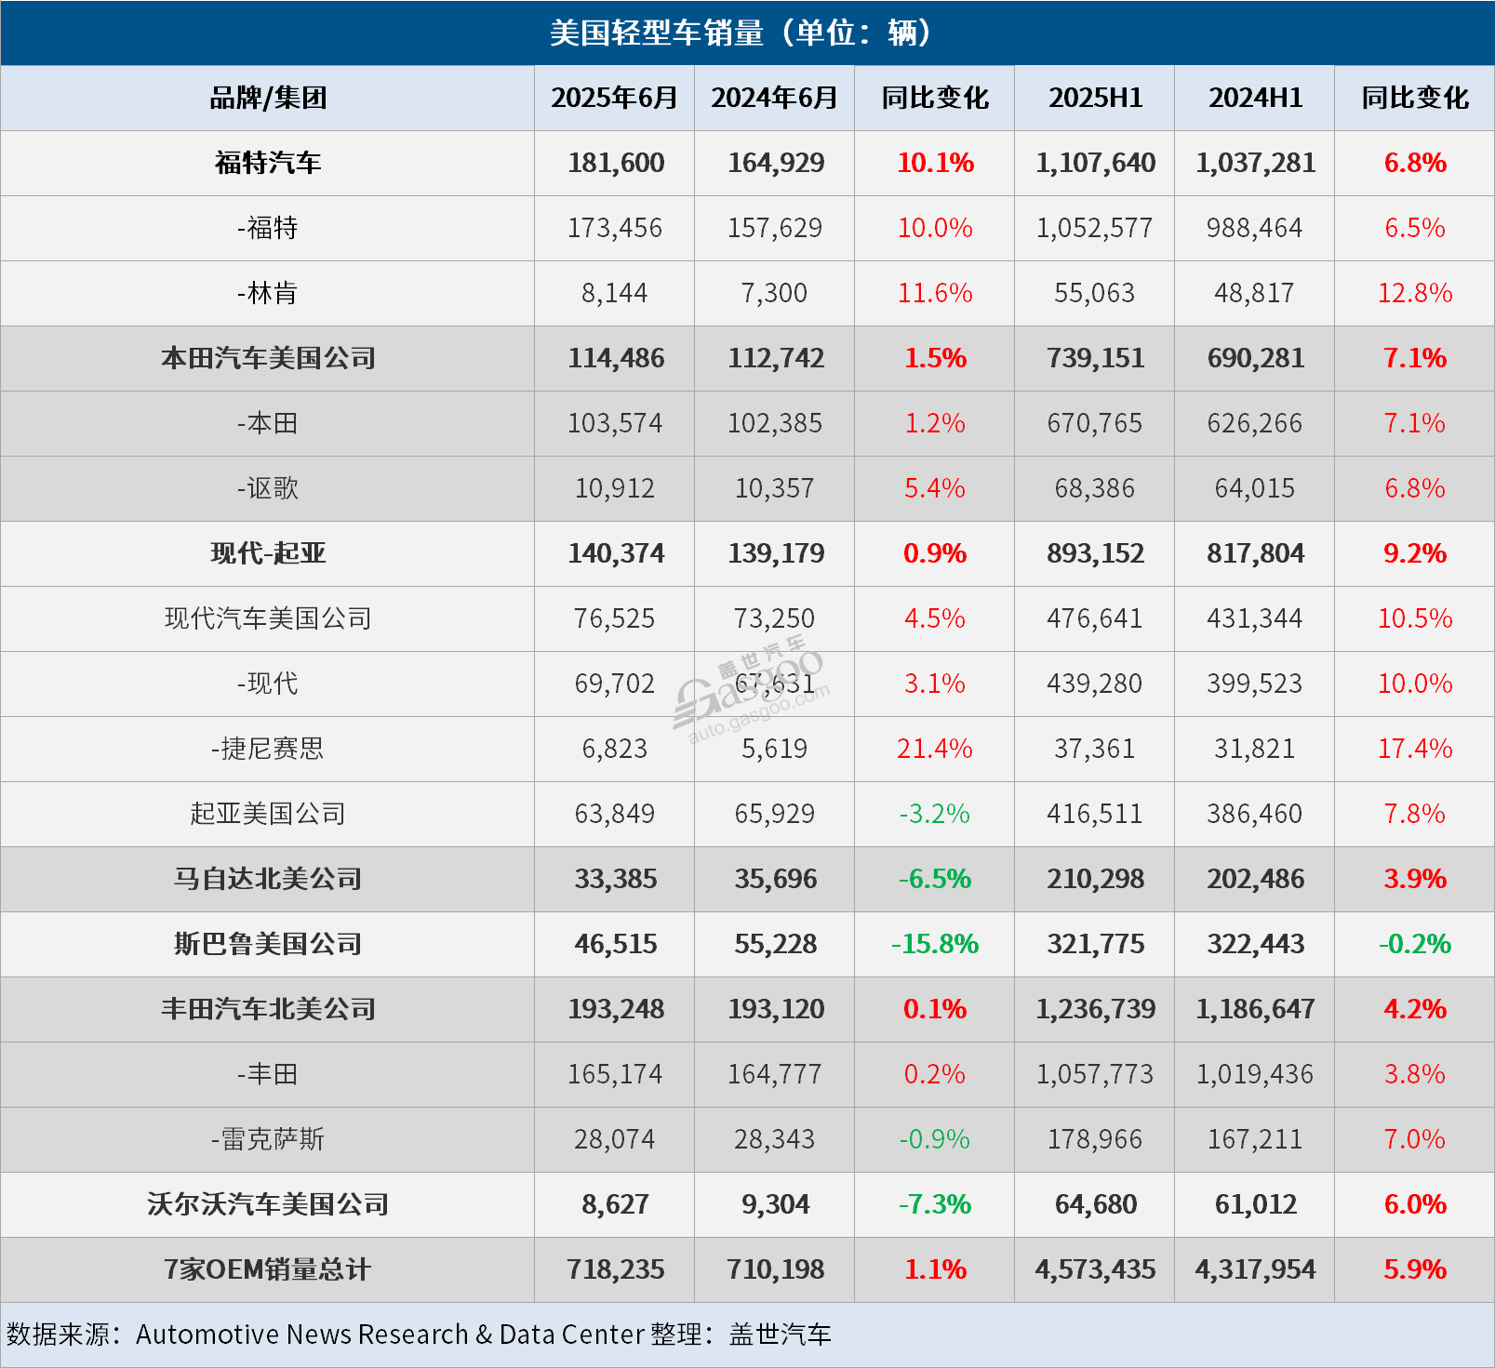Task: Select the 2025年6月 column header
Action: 614,98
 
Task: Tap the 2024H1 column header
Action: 1255,98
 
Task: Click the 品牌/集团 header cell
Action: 268,98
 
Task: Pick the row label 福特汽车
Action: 268,163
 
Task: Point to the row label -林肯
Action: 268,293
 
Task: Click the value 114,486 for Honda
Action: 616,358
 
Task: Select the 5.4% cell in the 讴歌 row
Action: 934,488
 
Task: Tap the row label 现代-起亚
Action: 268,553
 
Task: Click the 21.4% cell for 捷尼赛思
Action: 934,749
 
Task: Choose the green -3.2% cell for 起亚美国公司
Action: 934,814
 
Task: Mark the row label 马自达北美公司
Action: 268,879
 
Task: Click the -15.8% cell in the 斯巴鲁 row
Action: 934,944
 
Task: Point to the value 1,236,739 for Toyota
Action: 1095,1009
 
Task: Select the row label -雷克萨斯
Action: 268,1139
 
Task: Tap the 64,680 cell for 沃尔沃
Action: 1095,1204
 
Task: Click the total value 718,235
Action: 616,1269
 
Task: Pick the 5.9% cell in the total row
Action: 1414,1269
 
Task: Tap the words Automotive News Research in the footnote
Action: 302,1335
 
